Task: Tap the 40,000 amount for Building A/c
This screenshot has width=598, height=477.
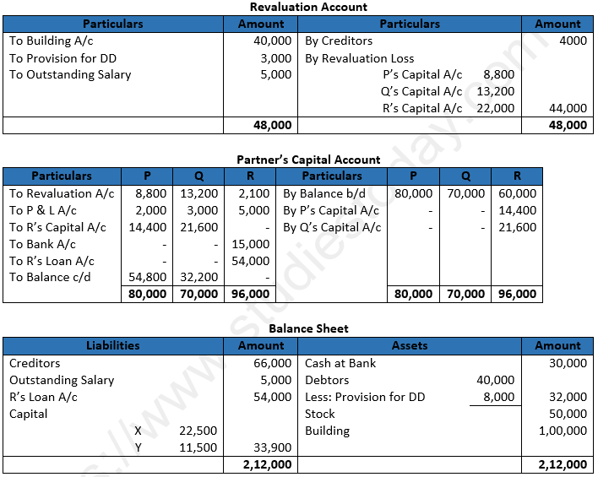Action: pyautogui.click(x=272, y=41)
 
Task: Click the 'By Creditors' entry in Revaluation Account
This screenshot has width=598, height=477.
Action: pyautogui.click(x=339, y=41)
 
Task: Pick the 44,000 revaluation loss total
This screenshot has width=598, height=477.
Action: pyautogui.click(x=568, y=108)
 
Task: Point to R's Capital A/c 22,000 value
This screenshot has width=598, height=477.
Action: pyautogui.click(x=495, y=108)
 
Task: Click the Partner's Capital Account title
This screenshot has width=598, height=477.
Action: pyautogui.click(x=308, y=160)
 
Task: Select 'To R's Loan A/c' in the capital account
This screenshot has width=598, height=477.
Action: pyautogui.click(x=52, y=261)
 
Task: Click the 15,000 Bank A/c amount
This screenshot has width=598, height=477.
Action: pyautogui.click(x=251, y=244)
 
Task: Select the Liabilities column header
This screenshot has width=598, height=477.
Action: pyautogui.click(x=113, y=345)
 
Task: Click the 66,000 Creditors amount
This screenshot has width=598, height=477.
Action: pyautogui.click(x=272, y=363)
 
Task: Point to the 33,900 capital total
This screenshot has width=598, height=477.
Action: pyautogui.click(x=272, y=447)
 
